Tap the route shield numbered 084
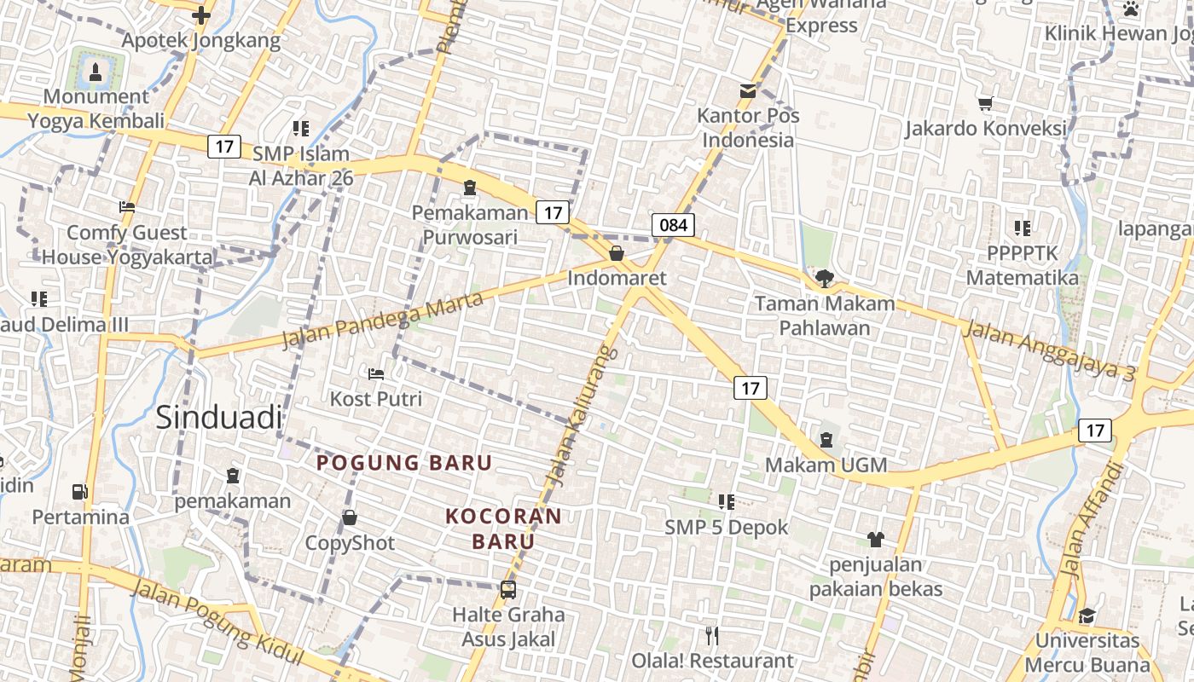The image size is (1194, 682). point(673,225)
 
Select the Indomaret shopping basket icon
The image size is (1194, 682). point(617,253)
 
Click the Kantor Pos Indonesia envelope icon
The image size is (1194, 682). point(748,90)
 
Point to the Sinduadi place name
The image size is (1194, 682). point(218,417)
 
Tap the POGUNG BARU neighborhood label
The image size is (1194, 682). point(404,463)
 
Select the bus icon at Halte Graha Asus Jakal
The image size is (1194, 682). point(508,589)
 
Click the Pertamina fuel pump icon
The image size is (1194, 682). point(80,492)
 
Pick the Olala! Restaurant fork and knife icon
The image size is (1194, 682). point(713,635)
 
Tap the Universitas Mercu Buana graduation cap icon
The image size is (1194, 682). point(1087,616)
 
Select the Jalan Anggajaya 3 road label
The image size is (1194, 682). point(1049,349)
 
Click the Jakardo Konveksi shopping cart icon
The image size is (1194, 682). point(986,104)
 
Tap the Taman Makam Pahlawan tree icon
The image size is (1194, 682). point(824,278)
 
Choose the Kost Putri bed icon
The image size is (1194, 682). point(376,373)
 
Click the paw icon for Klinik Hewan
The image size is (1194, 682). point(1131,9)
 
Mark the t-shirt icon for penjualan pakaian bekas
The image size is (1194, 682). point(876,539)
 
